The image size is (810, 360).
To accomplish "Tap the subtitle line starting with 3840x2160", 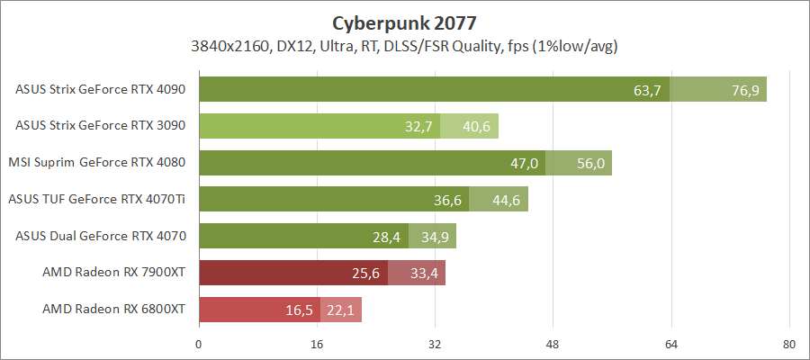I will (x=404, y=44).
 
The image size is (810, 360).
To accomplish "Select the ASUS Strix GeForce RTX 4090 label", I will (x=100, y=89).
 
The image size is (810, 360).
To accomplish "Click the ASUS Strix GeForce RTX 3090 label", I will (x=100, y=126).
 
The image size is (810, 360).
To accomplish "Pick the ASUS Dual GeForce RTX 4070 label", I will (x=100, y=236).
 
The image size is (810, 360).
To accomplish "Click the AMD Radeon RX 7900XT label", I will (x=113, y=273).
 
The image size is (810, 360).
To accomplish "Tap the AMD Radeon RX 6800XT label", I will (x=113, y=310).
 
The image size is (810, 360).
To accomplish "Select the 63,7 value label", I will (x=648, y=90).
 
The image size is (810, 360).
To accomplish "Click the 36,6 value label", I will (x=447, y=200).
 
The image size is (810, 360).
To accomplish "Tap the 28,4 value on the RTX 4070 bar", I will (x=387, y=237).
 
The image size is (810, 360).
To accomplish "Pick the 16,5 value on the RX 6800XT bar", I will (x=299, y=310).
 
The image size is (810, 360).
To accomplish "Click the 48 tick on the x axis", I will (x=553, y=343).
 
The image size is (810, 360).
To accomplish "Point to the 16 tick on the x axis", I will (x=317, y=343).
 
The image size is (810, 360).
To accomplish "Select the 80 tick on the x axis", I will (x=788, y=343).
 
